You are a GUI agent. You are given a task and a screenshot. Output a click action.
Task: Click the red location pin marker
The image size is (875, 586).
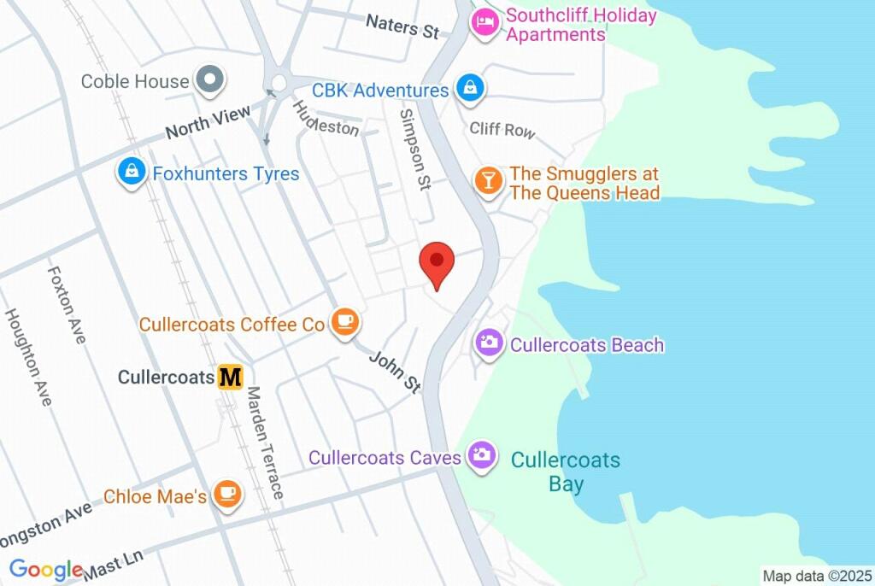(x=437, y=261)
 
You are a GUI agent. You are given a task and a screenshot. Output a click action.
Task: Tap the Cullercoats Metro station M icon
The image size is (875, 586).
(x=230, y=377)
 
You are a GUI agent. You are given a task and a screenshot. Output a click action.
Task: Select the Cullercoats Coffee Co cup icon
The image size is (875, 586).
(x=345, y=322)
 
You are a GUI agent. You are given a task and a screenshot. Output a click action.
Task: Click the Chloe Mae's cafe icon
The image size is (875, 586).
(x=226, y=495)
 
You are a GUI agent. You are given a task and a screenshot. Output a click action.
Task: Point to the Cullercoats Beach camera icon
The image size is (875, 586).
(x=490, y=343)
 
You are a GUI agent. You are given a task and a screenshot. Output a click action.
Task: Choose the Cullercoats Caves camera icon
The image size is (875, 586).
(x=482, y=454)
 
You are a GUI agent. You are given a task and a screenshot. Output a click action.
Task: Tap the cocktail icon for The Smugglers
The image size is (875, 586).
(x=488, y=181)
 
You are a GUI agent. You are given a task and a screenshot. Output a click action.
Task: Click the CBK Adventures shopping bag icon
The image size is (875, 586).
(x=470, y=87)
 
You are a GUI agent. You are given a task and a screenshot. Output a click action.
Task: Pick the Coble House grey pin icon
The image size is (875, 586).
(x=208, y=81)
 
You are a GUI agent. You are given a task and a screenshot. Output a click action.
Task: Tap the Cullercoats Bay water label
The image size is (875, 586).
(x=565, y=472)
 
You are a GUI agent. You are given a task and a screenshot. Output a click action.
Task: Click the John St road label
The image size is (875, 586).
(x=395, y=372)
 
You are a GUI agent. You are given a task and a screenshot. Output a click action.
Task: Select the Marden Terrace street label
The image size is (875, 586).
(x=265, y=442)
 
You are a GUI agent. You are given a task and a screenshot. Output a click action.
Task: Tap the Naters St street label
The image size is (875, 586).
(x=402, y=26)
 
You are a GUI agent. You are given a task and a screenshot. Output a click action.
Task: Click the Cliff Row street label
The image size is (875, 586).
(x=502, y=129)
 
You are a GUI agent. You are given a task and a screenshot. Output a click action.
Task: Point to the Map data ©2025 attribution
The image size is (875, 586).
(x=815, y=576)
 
